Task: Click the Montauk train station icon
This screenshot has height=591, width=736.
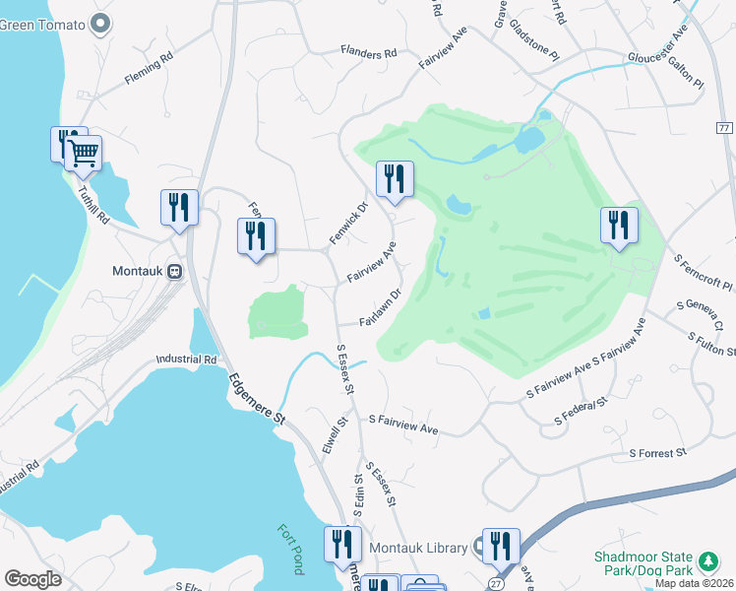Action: [x=174, y=272]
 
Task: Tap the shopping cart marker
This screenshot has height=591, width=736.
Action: [x=84, y=152]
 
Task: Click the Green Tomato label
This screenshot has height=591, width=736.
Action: [x=45, y=24]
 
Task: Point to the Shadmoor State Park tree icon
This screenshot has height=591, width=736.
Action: [x=706, y=561]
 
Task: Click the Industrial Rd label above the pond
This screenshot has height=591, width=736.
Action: [x=185, y=361]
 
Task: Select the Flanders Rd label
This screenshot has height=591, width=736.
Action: [x=368, y=52]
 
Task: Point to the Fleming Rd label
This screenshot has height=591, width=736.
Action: [x=149, y=72]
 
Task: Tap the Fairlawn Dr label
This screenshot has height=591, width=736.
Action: [x=381, y=307]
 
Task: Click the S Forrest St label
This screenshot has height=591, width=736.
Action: [x=657, y=453]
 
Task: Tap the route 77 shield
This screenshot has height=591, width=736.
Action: [x=724, y=129]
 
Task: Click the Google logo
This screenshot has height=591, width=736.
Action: [x=32, y=579]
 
